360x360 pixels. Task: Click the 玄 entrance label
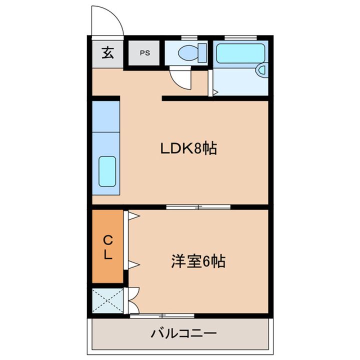click(107, 52)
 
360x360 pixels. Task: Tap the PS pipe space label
click(145, 53)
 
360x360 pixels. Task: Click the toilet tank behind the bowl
click(202, 52)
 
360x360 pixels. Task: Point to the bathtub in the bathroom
click(240, 53)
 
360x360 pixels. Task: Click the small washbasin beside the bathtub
click(262, 70)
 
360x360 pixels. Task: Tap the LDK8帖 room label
click(188, 148)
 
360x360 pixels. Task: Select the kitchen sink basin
click(107, 171)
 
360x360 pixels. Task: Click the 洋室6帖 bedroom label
click(198, 261)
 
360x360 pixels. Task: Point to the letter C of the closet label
click(107, 240)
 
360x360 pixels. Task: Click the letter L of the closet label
click(108, 254)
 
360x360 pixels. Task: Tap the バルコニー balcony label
click(183, 333)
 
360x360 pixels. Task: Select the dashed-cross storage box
click(107, 300)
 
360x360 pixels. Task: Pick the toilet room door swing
click(180, 78)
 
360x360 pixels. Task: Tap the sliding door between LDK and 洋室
click(198, 207)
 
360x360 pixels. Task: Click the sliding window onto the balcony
click(162, 316)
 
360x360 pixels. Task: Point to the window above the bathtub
click(240, 38)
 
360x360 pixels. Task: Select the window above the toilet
click(189, 38)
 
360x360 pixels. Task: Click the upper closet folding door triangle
click(133, 216)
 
